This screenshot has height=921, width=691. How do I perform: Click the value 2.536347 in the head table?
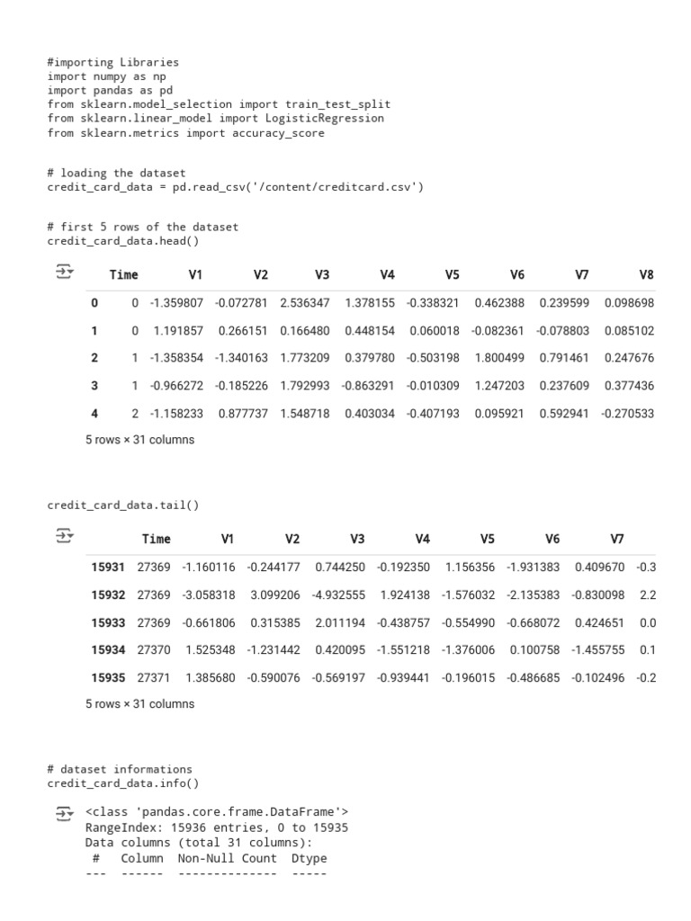[305, 303]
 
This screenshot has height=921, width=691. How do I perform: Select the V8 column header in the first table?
[646, 275]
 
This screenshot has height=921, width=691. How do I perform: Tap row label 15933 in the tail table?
[108, 622]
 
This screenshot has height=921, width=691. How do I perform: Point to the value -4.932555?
[339, 595]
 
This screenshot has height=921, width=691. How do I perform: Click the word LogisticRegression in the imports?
[325, 118]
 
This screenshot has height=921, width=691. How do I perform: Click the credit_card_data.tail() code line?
[123, 505]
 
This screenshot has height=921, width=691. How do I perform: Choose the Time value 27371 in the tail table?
[153, 677]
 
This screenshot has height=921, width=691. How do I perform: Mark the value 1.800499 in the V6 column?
[499, 358]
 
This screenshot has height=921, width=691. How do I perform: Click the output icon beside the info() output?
[64, 813]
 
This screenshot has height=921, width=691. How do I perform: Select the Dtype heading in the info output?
[309, 858]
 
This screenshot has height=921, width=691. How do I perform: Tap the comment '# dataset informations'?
[120, 769]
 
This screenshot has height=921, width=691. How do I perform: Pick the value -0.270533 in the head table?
[629, 414]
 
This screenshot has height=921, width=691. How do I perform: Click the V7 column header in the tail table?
[616, 539]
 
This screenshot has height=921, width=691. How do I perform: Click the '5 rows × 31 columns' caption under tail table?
[139, 704]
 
